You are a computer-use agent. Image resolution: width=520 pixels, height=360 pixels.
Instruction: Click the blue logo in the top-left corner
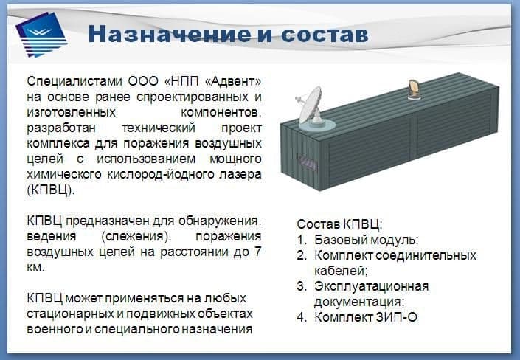click(x=41, y=34)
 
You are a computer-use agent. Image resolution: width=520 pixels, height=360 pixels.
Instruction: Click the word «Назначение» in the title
click(x=170, y=34)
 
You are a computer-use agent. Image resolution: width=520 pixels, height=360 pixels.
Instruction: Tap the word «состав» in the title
click(x=325, y=35)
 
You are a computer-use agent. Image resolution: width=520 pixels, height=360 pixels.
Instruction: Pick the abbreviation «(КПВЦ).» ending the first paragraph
click(x=51, y=190)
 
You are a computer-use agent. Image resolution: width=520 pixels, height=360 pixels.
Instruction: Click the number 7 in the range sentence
click(x=257, y=252)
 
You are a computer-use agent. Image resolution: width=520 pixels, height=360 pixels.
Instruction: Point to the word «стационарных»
click(x=69, y=314)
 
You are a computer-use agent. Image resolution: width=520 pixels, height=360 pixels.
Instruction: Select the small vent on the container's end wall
click(x=308, y=162)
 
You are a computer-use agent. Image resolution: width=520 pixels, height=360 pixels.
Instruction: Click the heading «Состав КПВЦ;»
click(x=339, y=224)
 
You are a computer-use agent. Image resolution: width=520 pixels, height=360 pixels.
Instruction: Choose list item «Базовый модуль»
click(x=367, y=240)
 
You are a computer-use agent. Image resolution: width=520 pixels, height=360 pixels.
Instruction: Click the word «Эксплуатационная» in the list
click(x=372, y=286)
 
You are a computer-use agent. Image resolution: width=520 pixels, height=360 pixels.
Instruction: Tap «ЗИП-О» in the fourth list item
click(x=396, y=317)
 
